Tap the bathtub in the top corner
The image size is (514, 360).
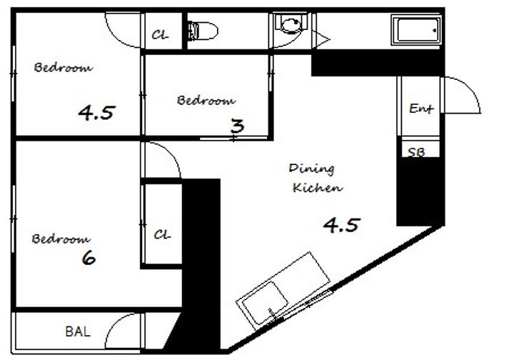[x=416, y=30]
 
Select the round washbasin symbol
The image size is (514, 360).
[x=291, y=24]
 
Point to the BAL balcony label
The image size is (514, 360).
[x=78, y=331]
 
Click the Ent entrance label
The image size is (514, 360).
[x=421, y=108]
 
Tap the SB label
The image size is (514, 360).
[x=416, y=152]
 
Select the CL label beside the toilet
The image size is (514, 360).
[x=161, y=34]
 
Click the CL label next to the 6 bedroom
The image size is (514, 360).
[x=162, y=234]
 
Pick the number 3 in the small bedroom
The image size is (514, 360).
[x=237, y=126]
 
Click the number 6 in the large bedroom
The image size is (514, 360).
[x=89, y=258]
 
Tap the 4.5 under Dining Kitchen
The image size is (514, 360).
[x=341, y=225]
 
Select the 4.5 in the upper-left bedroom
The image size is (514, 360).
[x=96, y=112]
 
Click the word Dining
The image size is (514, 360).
[x=311, y=169]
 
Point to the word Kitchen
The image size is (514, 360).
[x=317, y=188]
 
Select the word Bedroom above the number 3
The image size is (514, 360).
[x=206, y=100]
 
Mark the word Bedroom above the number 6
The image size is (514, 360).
[x=61, y=239]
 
